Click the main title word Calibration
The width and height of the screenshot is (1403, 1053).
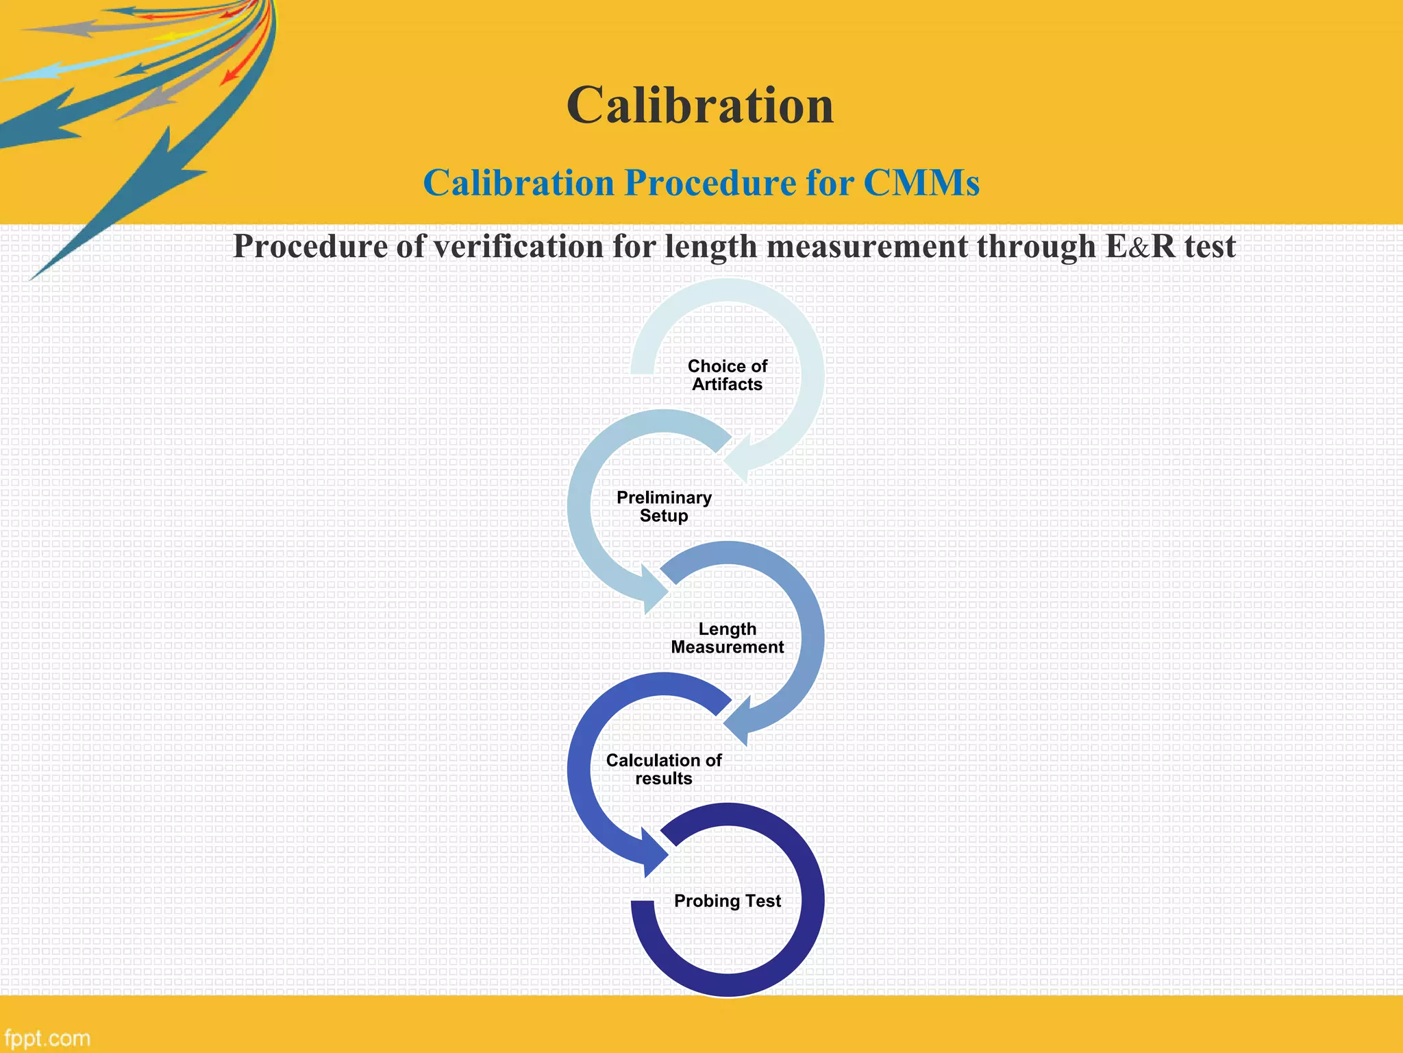pyautogui.click(x=700, y=106)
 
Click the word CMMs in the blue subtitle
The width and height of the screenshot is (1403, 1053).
pyautogui.click(x=921, y=184)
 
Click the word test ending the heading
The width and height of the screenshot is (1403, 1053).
pyautogui.click(x=1210, y=247)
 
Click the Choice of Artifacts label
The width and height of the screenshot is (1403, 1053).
pyautogui.click(x=727, y=375)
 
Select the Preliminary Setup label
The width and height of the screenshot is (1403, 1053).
pyautogui.click(x=664, y=507)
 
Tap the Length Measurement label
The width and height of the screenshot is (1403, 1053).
pyautogui.click(x=727, y=638)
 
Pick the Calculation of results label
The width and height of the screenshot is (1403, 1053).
pyautogui.click(x=664, y=769)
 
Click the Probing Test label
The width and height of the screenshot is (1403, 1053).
pyautogui.click(x=727, y=901)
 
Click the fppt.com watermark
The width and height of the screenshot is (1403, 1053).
pyautogui.click(x=47, y=1038)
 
